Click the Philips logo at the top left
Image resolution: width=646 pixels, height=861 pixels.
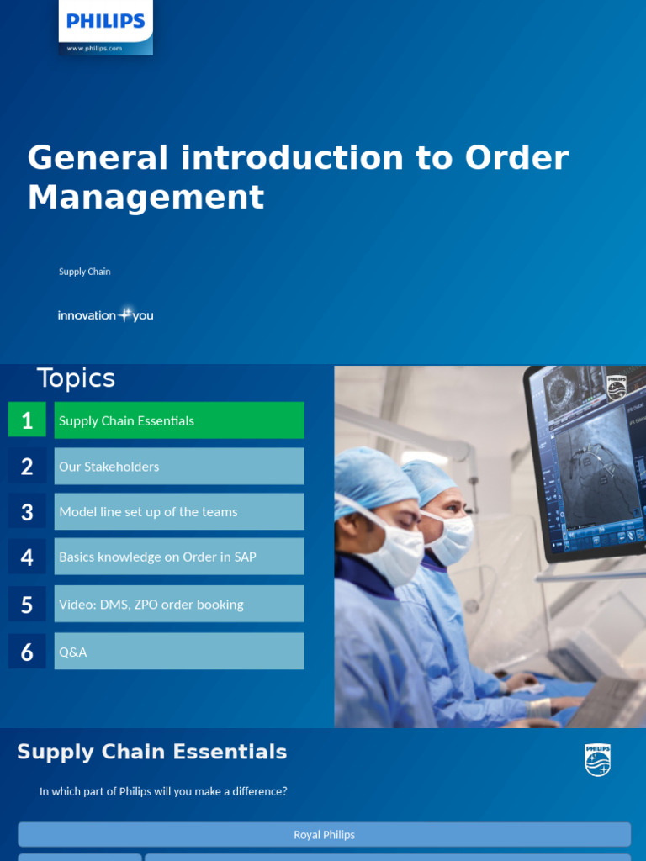click(x=106, y=21)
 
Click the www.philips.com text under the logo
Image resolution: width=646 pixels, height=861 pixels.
click(x=94, y=49)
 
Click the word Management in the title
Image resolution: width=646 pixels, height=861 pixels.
click(x=146, y=198)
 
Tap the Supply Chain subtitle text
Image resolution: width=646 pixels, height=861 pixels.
click(x=84, y=272)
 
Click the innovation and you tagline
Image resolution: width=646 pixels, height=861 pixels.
click(x=105, y=315)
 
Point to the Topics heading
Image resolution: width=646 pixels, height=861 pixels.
click(x=76, y=378)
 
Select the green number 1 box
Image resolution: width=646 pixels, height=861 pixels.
click(x=27, y=420)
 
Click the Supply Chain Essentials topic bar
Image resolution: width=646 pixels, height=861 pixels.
click(x=179, y=420)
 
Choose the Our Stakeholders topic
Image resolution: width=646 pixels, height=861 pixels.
click(x=179, y=466)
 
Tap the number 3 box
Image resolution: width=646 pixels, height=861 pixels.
click(x=27, y=511)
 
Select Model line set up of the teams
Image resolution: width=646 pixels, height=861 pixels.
click(x=179, y=511)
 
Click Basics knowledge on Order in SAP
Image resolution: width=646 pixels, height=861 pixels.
click(x=179, y=557)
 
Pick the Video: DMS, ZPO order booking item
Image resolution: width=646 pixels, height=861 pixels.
click(x=179, y=604)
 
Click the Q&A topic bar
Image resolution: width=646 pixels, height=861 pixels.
click(x=179, y=651)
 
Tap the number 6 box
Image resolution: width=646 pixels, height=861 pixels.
click(x=27, y=651)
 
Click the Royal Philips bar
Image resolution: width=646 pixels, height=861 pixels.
click(x=324, y=835)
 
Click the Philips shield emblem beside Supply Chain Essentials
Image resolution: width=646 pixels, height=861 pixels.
click(x=597, y=759)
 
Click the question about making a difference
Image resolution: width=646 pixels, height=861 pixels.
click(x=163, y=791)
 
